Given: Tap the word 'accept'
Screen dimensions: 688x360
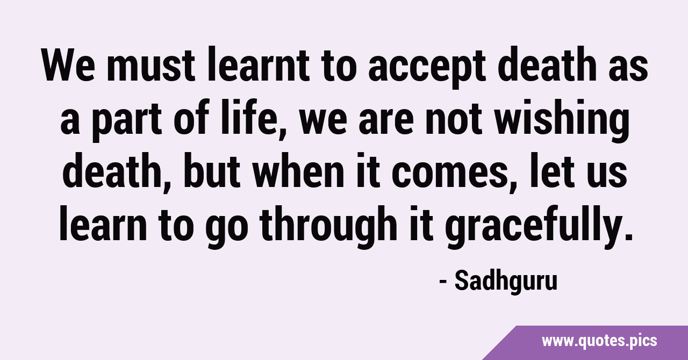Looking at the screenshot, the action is point(427,68).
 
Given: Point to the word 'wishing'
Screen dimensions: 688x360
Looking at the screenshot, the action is point(562,120).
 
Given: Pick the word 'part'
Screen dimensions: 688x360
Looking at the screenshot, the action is point(126,121).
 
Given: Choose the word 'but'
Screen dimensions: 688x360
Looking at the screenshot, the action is point(212,170).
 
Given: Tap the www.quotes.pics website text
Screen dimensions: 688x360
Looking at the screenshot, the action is point(599,341).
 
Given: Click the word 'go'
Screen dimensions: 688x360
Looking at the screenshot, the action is point(227,230).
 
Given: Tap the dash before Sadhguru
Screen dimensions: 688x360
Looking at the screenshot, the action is point(443,282).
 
